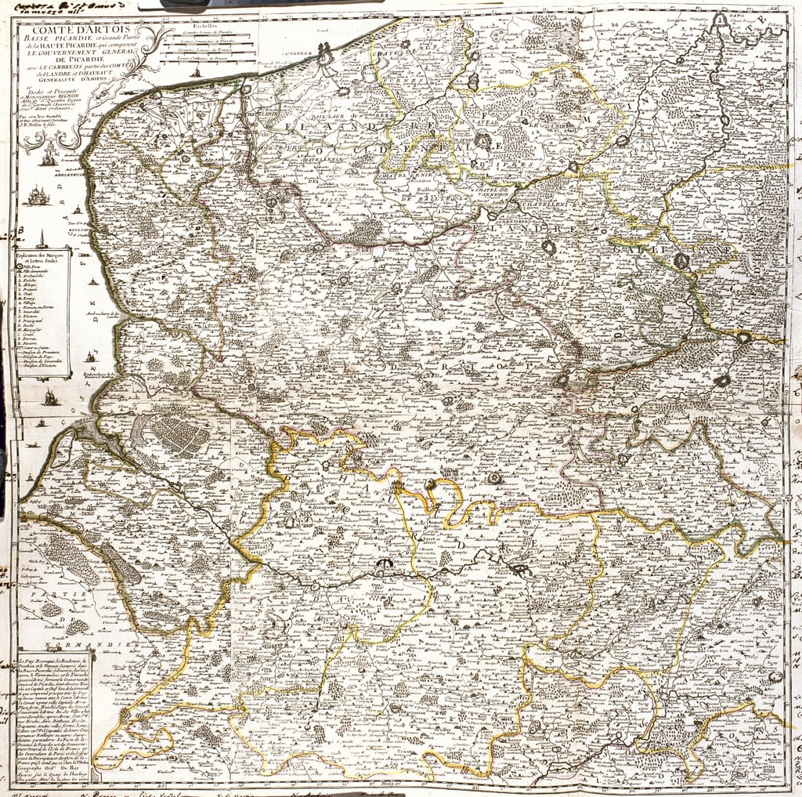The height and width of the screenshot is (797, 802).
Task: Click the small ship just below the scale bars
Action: (x=197, y=72)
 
